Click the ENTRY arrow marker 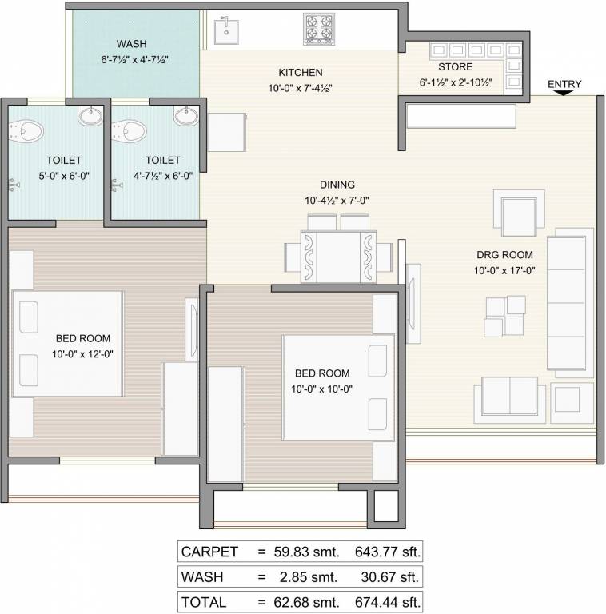(x=564, y=94)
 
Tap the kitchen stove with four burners (x=318, y=30)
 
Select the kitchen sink (x=228, y=31)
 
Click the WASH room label (x=132, y=44)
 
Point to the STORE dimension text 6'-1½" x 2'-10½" (x=456, y=82)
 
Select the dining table (x=337, y=257)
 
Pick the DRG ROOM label (x=500, y=255)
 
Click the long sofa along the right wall (x=569, y=302)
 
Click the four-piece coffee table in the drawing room (x=505, y=316)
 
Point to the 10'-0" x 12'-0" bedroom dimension (x=83, y=353)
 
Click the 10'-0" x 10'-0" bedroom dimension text (x=322, y=389)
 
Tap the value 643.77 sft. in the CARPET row (x=385, y=552)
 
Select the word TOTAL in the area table (x=204, y=601)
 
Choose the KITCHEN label (x=300, y=73)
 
